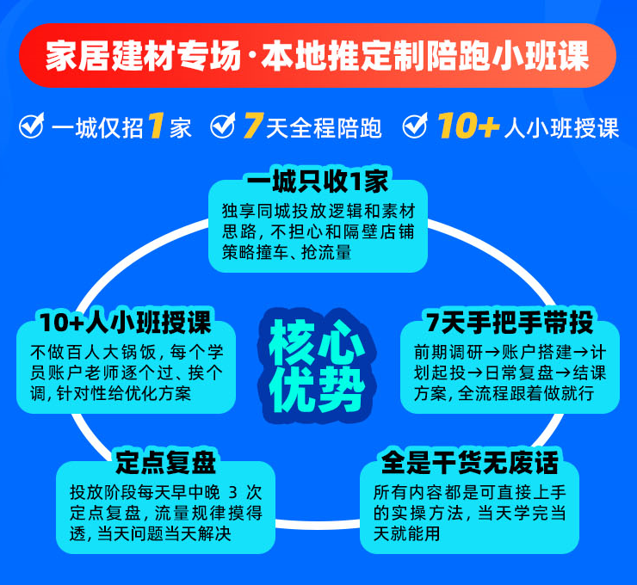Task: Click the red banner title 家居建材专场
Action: coord(144,56)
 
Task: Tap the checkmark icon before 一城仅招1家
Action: coord(32,126)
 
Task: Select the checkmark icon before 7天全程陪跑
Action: coord(223,126)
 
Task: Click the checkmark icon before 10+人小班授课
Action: coord(415,126)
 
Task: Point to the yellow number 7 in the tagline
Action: coord(254,126)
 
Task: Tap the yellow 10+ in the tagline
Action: coord(468,126)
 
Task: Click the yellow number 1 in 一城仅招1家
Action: coord(156,126)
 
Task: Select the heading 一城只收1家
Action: coord(318,181)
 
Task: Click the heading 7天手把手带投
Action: coord(510,323)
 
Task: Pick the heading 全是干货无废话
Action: coord(470,463)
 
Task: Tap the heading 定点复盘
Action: coord(165,463)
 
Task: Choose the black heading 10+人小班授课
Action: coord(126,323)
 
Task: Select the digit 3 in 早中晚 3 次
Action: coord(232,492)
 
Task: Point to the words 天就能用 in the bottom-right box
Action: coord(406,533)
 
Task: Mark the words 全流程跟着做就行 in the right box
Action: coord(526,393)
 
